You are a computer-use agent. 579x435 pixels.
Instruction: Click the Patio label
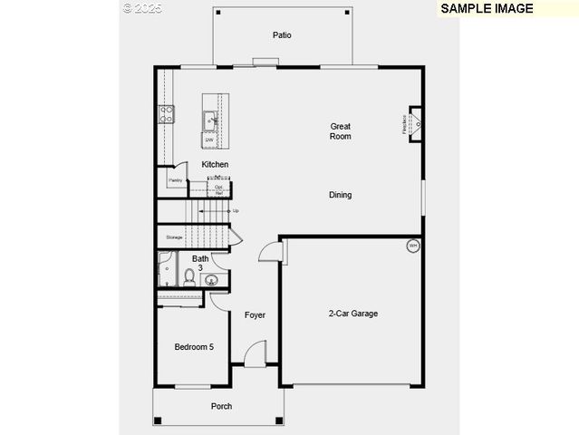tap(282, 35)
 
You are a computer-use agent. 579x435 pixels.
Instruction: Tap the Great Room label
tap(340, 131)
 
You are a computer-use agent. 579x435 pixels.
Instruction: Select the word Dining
tap(340, 195)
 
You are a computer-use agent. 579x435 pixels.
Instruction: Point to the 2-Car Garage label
tap(352, 314)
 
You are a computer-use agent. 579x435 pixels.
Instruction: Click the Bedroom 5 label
tap(194, 346)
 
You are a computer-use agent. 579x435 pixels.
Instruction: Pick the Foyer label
tap(255, 315)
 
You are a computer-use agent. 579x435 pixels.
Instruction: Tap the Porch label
tap(221, 406)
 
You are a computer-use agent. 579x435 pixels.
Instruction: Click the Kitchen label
tap(215, 164)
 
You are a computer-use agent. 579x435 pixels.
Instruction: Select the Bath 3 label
tap(200, 263)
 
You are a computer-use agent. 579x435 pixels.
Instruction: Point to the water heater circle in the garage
tap(412, 246)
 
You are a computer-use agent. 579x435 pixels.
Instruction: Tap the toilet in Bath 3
tap(189, 276)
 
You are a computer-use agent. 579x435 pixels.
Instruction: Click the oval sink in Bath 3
tap(211, 280)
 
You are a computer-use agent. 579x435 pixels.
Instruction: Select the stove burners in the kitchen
tap(167, 113)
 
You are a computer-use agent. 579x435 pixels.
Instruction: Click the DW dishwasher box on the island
tap(209, 140)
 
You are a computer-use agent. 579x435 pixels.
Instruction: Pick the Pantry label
tap(175, 180)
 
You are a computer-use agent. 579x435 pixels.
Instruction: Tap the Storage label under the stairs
tap(173, 237)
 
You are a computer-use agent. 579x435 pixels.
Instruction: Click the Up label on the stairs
tap(236, 211)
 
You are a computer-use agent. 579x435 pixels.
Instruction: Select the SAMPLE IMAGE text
tap(487, 8)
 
